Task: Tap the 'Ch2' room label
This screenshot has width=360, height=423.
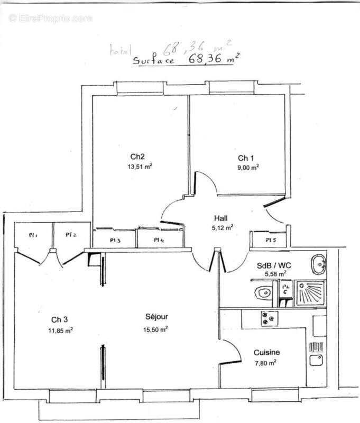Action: point(137,157)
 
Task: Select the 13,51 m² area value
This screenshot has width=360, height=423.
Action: point(140,165)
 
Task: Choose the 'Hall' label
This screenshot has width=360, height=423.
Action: point(221,218)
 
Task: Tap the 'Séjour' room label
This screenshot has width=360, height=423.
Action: point(156,317)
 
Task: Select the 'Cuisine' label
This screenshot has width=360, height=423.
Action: point(266,353)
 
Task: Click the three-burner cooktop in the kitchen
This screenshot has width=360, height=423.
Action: point(268,319)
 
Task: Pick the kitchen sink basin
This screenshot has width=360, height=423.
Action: point(318,360)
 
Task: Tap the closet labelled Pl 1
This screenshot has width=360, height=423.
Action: point(32,235)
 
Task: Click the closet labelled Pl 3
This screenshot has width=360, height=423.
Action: point(115,240)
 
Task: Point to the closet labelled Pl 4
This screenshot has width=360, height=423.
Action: point(158,240)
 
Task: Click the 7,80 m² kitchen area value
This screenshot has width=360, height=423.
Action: point(265,362)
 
